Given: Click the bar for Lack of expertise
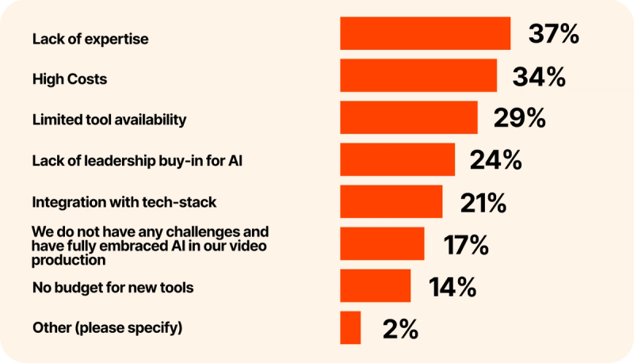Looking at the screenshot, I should coord(425,33).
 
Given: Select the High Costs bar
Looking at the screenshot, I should coord(418,75).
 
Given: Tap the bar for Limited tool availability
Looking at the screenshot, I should coord(409,117).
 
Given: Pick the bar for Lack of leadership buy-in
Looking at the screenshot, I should coord(397,159).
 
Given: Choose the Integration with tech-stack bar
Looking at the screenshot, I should coord(391,201).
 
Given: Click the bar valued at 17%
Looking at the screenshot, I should coord(382,243).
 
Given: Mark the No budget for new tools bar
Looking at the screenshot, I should coord(375,285).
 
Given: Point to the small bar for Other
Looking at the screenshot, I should coord(350,327).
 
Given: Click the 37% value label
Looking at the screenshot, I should coord(553,34).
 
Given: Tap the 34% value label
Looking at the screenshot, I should coord(539,76).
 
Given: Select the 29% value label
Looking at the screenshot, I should coord(519,118).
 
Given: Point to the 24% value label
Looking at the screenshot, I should coord(496,160).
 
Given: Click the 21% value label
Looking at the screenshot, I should coord(483,202).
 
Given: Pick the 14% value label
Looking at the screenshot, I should coord(452,286).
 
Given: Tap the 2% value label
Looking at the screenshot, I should coord(400,328).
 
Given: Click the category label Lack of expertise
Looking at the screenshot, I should coord(90,39).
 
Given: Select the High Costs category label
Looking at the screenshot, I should coord(70,79).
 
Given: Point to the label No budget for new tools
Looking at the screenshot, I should coord(113,287).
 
